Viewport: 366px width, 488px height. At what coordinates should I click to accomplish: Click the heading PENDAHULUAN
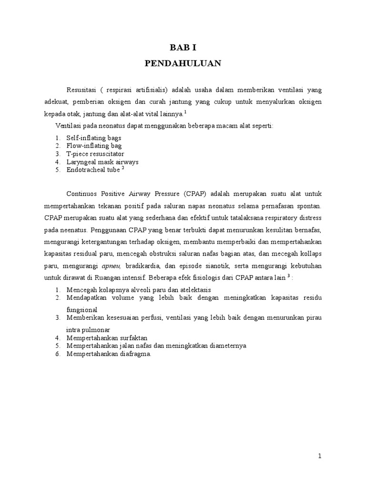[183, 63]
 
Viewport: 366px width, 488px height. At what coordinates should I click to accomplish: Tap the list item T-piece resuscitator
[95, 154]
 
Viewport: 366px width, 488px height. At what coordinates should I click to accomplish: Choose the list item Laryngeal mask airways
[102, 162]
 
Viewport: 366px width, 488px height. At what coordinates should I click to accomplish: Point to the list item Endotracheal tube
[93, 170]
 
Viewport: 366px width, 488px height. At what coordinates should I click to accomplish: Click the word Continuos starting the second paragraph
[85, 194]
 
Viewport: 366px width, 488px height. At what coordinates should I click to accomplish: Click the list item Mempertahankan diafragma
[109, 354]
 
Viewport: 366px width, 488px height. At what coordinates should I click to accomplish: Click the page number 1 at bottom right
[320, 456]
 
